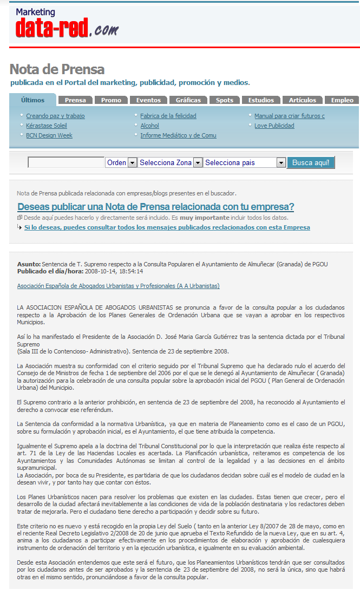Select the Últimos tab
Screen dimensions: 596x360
pos(32,100)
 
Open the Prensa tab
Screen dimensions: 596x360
pos(75,100)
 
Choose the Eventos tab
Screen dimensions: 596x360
pos(148,100)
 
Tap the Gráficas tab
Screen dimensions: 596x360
pos(188,100)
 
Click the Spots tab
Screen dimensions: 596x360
pos(225,100)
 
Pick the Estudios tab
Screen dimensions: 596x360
pos(261,100)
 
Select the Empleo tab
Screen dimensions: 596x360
pos(342,100)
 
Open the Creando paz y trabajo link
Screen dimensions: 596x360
pos(55,116)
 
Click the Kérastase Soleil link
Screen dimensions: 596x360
pos(47,126)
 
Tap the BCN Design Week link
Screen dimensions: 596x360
pos(49,135)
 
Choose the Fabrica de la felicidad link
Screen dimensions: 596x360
pos(168,116)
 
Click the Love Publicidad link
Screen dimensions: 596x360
pos(274,126)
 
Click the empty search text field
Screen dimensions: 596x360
pos(66,162)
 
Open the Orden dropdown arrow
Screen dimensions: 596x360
pos(132,162)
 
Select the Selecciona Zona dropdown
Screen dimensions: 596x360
pos(169,162)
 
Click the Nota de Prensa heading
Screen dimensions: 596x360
pos(57,69)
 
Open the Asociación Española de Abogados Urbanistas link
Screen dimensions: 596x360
pos(118,286)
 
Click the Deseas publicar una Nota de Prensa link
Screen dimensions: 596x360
pos(156,207)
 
